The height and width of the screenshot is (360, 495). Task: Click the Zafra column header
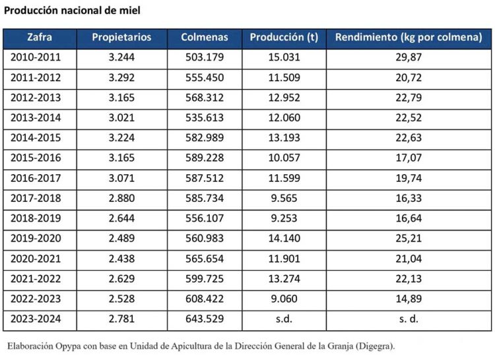point(40,38)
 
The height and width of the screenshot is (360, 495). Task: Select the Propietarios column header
point(121,38)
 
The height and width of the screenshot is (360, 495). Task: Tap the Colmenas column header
point(205,38)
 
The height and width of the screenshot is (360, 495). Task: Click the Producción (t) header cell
point(284,38)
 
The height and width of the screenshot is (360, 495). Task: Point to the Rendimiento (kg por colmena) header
point(409,38)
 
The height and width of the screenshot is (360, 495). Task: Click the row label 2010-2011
point(36,57)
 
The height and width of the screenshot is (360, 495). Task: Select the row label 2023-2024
point(36,319)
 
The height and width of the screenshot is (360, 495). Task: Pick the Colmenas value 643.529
point(205,319)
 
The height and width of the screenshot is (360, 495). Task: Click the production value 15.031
point(284,57)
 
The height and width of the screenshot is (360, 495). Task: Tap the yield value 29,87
point(409,57)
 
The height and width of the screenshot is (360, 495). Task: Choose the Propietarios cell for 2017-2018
point(121,198)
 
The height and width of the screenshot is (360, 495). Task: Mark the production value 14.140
point(284,239)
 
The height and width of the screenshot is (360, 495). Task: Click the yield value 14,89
point(409,299)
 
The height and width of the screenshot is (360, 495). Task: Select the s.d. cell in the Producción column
point(284,319)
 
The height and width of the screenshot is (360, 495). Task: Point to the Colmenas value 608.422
point(205,299)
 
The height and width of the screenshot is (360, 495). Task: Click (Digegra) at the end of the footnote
point(374,345)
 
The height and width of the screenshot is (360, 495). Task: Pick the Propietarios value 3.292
point(121,78)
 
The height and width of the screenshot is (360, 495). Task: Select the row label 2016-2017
point(36,178)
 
